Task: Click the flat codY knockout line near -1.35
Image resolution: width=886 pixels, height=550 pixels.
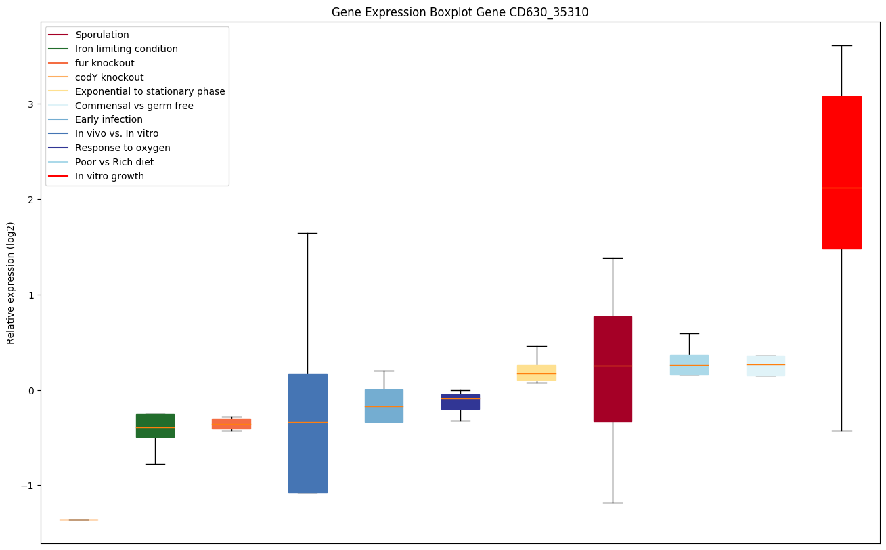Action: [x=79, y=520]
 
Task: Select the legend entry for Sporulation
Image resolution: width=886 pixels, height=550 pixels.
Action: [x=102, y=35]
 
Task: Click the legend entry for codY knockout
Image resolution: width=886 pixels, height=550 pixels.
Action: [x=110, y=77]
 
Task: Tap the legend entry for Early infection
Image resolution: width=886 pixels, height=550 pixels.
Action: [x=109, y=120]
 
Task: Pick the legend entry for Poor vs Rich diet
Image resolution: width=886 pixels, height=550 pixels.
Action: [x=114, y=162]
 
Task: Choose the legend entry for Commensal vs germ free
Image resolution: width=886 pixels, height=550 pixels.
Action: [x=134, y=106]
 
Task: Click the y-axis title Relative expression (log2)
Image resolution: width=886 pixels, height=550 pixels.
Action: [x=11, y=282]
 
